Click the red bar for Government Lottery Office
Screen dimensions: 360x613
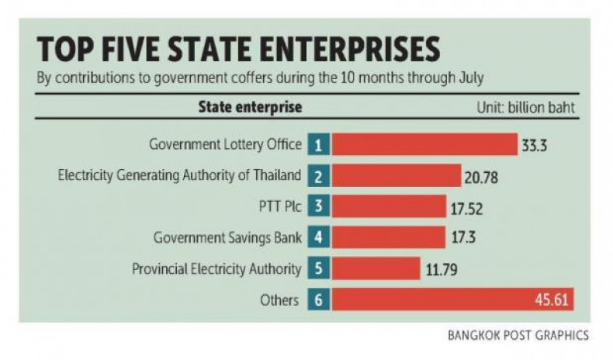[424, 144]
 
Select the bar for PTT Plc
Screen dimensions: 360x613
[390, 206]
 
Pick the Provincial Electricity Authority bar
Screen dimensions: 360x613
[376, 269]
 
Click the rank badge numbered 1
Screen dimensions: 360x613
[318, 144]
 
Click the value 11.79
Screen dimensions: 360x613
[442, 270]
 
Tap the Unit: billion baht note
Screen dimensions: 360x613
[525, 107]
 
